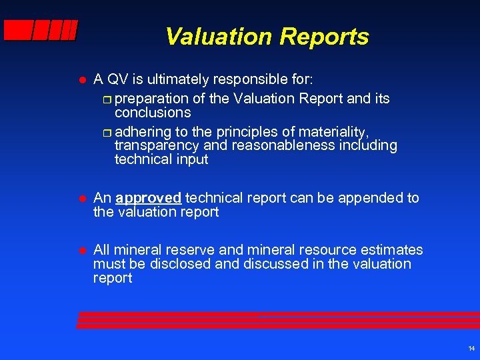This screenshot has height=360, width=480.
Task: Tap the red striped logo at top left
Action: point(40,30)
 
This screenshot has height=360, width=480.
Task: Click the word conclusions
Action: point(153,113)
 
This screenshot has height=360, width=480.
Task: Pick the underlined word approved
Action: point(148,198)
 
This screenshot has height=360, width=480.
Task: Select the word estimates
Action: point(391,250)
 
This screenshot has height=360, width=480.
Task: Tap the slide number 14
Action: point(471,349)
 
